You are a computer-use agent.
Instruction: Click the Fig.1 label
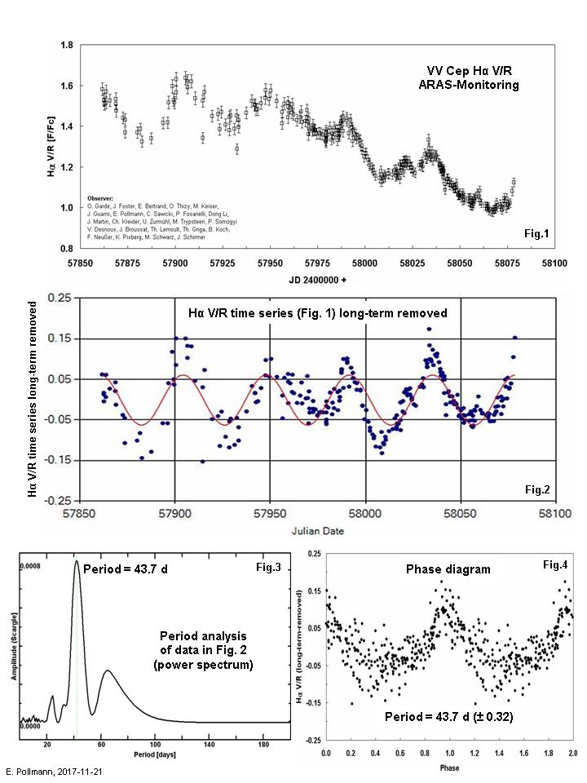click(x=537, y=235)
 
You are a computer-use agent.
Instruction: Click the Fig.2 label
click(x=537, y=489)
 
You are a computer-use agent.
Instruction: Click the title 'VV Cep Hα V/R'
click(x=474, y=70)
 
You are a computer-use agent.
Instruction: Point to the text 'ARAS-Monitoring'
click(x=474, y=84)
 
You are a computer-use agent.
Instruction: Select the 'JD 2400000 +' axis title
click(x=317, y=280)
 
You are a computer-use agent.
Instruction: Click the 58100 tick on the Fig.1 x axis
click(x=555, y=263)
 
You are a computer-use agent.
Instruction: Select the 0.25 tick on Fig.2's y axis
click(x=60, y=298)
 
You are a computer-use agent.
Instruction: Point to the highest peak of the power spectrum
click(x=77, y=561)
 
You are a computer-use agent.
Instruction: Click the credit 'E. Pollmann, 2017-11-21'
click(x=55, y=771)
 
